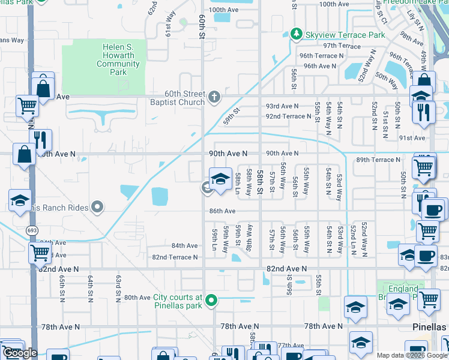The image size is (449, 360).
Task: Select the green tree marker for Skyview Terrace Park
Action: click(295, 34)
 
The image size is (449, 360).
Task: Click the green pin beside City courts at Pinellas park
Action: click(211, 300)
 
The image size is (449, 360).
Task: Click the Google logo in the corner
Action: click(20, 353)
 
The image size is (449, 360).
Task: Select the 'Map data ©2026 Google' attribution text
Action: click(412, 355)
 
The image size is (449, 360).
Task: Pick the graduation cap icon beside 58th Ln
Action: click(220, 178)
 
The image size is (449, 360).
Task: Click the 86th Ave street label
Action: click(222, 211)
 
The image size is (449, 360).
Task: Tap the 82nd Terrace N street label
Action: click(175, 257)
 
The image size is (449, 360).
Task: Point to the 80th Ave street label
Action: click(137, 297)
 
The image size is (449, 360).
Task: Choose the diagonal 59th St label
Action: click(232, 113)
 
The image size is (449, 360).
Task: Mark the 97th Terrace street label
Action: click(342, 46)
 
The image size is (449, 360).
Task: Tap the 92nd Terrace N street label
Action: click(289, 116)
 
